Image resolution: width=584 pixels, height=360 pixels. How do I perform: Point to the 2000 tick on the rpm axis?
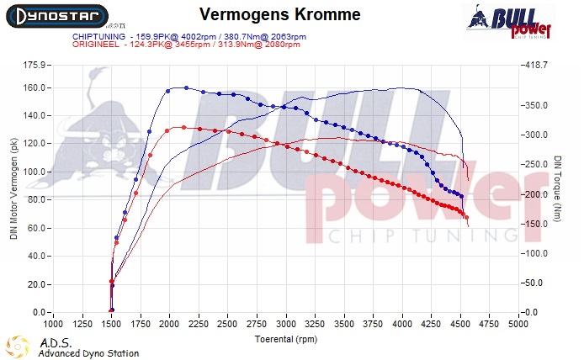(169, 323)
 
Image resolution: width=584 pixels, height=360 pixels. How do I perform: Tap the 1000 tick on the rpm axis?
(53, 323)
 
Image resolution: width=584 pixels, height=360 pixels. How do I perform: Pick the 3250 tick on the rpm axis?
(315, 323)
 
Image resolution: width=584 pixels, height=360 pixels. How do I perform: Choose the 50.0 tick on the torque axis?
(534, 283)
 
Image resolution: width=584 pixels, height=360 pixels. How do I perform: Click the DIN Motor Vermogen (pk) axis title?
(13, 188)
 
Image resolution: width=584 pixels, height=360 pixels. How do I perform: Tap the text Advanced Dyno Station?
(88, 353)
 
